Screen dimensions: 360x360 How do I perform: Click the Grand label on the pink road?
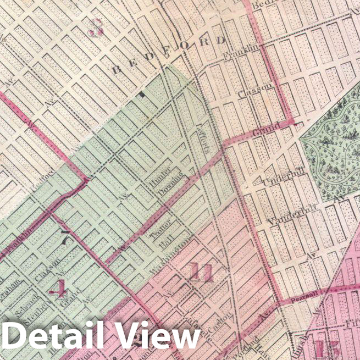[266, 131]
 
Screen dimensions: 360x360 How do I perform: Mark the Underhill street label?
[283, 177]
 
